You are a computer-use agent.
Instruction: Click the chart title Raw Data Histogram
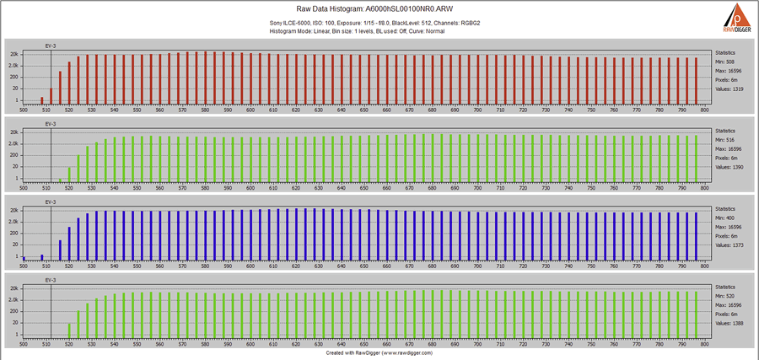pos(379,8)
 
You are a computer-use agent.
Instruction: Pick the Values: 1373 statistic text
pos(730,245)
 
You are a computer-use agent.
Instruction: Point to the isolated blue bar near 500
pos(24,258)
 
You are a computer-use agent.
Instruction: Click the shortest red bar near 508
pos(42,99)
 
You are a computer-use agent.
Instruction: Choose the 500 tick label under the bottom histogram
pos(24,345)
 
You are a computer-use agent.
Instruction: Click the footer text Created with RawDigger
pos(379,354)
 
